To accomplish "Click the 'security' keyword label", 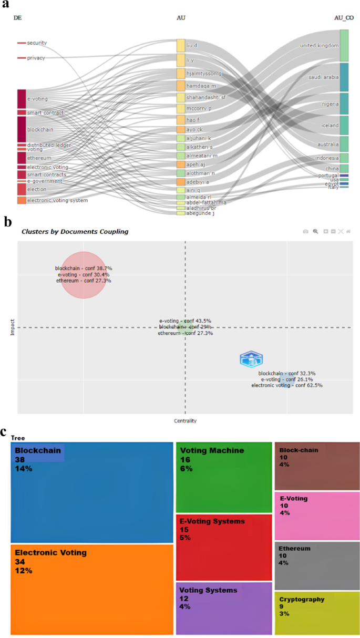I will tap(36, 43).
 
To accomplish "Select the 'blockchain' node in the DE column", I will tap(22, 129).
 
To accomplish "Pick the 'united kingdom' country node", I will tap(344, 46).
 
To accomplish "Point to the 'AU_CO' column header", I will tap(344, 18).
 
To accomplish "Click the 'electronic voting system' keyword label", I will tap(57, 200).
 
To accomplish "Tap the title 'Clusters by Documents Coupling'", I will tap(75, 231).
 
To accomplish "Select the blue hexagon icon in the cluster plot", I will tap(251, 359).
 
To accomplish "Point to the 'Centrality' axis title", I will tap(185, 420).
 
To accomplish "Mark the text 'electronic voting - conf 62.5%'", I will tap(287, 385).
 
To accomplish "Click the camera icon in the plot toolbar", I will tap(305, 231).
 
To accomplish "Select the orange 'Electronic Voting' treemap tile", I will tap(92, 589).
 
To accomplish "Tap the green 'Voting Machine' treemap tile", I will tap(223, 476).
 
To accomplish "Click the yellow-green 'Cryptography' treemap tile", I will tap(317, 612).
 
